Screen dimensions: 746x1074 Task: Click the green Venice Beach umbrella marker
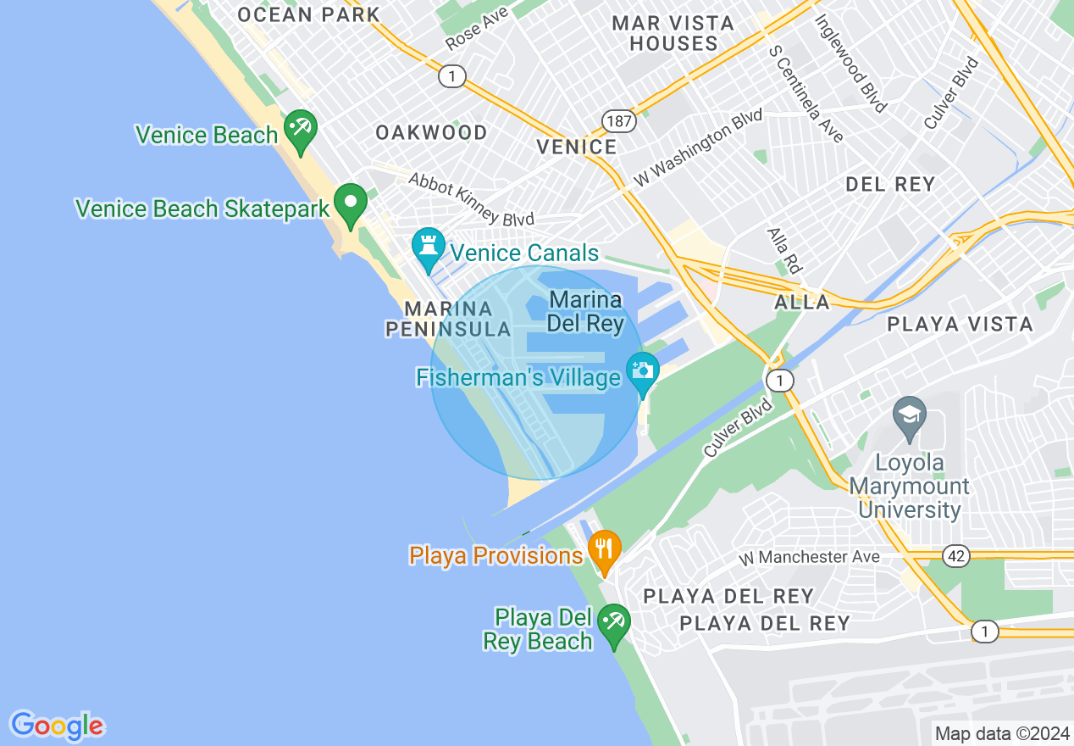[300, 129]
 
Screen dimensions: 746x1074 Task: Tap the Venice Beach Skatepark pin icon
[350, 203]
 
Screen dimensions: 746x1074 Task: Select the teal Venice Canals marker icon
[428, 247]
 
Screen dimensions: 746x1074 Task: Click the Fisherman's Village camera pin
[642, 370]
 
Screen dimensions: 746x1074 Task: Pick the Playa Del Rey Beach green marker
[613, 623]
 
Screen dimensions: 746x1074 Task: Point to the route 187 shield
[619, 121]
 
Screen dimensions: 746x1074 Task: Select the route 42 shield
[956, 556]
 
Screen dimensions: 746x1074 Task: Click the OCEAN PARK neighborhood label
[308, 14]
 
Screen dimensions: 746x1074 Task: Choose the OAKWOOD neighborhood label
[431, 132]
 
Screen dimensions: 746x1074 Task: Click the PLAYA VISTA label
[960, 324]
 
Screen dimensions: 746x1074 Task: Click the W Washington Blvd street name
[698, 148]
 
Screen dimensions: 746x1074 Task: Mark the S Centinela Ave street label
[805, 92]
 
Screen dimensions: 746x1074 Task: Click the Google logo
[57, 726]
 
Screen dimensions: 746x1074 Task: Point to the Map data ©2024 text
[1001, 733]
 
